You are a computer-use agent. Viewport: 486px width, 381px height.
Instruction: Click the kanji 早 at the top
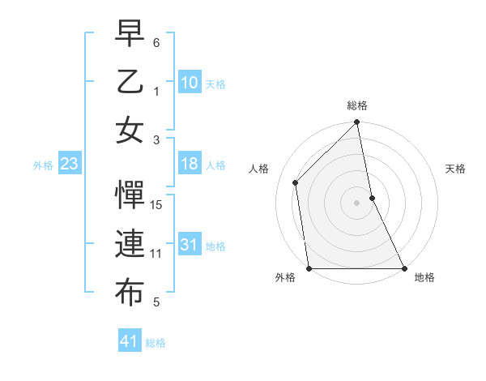coord(130,34)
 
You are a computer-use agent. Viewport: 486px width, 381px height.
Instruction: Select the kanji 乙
coord(130,83)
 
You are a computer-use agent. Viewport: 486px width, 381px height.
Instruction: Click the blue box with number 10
coord(190,83)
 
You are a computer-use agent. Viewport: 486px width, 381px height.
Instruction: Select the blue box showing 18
coord(190,164)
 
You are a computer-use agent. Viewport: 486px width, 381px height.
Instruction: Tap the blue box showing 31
coord(190,245)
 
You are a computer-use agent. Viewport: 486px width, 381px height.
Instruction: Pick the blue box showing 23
coord(70,165)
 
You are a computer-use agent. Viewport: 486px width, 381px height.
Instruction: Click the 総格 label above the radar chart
coord(357,105)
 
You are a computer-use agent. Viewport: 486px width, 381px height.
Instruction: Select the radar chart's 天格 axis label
coord(456,169)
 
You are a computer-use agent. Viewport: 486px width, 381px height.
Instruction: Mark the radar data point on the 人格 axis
coord(296,182)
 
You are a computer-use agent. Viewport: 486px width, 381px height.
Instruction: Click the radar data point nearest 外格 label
coord(309,268)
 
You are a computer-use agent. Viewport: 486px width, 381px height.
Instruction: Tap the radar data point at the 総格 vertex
coord(357,123)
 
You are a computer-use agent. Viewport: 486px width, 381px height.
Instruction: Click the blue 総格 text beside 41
coord(156,343)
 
